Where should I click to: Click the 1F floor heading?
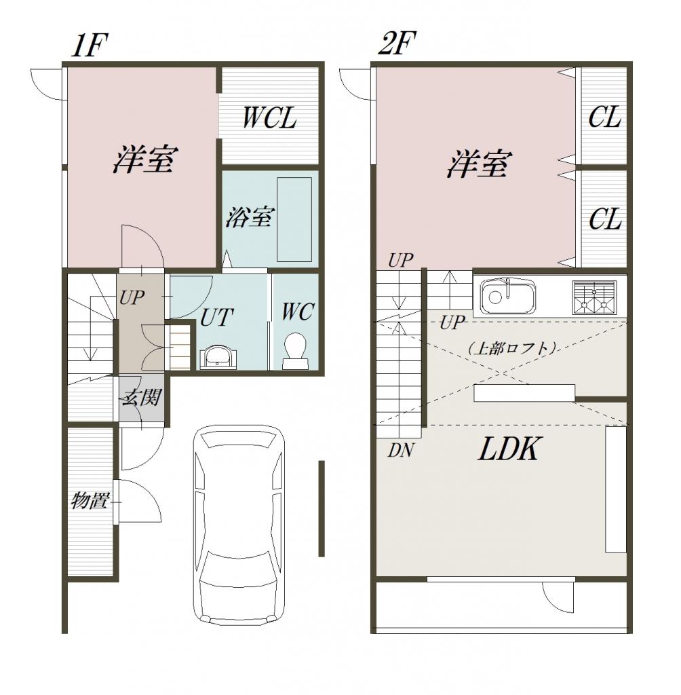pos(90,45)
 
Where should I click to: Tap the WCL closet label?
pos(270,118)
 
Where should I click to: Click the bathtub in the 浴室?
pos(294,220)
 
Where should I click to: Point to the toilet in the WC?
pos(294,351)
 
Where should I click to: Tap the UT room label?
pos(216,318)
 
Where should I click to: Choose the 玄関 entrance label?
pos(142,397)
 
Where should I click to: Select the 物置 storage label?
pos(90,501)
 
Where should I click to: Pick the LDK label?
pos(509,449)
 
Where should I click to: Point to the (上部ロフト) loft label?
pos(511,348)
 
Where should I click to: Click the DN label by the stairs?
pos(401,451)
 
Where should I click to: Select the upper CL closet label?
pos(605,118)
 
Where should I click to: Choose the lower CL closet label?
pos(605,219)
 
